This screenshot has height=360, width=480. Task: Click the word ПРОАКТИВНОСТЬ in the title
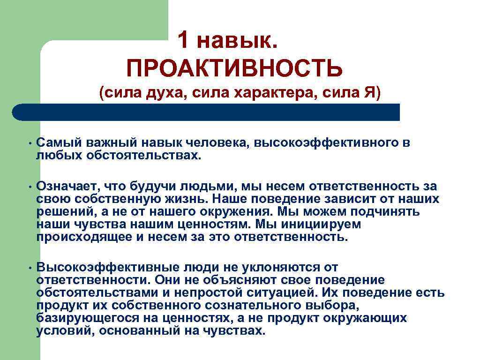[234, 68]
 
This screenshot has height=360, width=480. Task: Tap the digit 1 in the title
[184, 42]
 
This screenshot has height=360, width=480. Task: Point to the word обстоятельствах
[143, 155]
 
